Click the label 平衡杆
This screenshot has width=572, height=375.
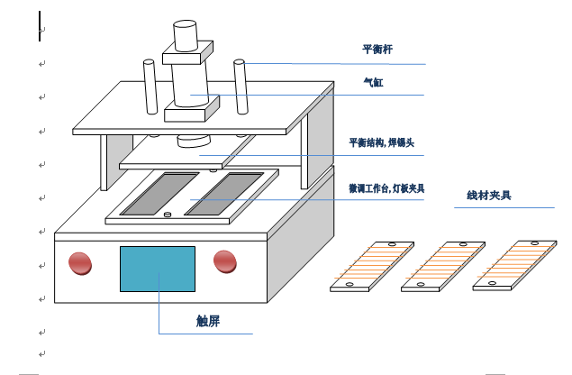click(377, 50)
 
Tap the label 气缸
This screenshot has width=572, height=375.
click(373, 82)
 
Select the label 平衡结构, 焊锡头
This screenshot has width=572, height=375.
click(382, 142)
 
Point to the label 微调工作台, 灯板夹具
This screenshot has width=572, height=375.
click(386, 188)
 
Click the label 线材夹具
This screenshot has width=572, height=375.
click(489, 196)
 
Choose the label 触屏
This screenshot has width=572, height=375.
click(208, 321)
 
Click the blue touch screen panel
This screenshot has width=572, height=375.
click(158, 270)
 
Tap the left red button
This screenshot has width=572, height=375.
click(80, 263)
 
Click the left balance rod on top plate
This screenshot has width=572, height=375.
click(150, 87)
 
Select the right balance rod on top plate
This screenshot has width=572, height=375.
click(241, 87)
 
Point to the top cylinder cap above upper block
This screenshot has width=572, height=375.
click(186, 36)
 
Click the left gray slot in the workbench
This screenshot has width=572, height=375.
click(159, 194)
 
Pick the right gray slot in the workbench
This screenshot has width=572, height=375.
click(224, 194)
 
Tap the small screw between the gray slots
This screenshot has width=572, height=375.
click(168, 215)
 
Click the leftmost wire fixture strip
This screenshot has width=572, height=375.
click(372, 266)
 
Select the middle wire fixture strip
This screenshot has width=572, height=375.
click(443, 266)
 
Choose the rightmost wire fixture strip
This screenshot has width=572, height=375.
click(514, 265)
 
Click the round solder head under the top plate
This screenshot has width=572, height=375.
click(194, 142)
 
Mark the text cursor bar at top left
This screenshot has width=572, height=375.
click(40, 26)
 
